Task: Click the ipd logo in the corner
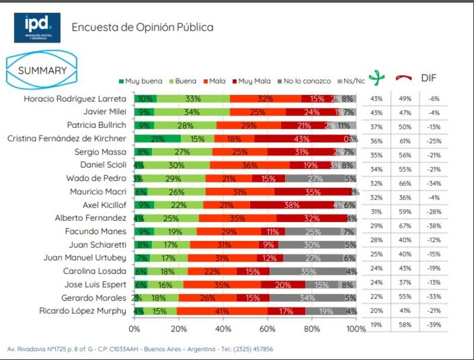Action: click(x=37, y=27)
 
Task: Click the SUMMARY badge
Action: click(x=41, y=70)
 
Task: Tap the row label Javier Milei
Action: click(x=102, y=111)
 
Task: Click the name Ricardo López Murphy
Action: click(x=83, y=310)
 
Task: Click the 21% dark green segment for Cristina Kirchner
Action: click(x=158, y=138)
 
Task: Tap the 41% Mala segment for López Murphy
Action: click(x=222, y=310)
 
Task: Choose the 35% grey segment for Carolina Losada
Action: click(x=308, y=271)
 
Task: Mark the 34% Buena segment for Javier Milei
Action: click(x=192, y=111)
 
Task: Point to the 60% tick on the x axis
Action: click(x=268, y=329)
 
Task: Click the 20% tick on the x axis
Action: click(x=179, y=329)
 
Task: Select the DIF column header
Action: click(x=428, y=78)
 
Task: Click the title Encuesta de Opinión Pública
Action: click(x=142, y=27)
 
